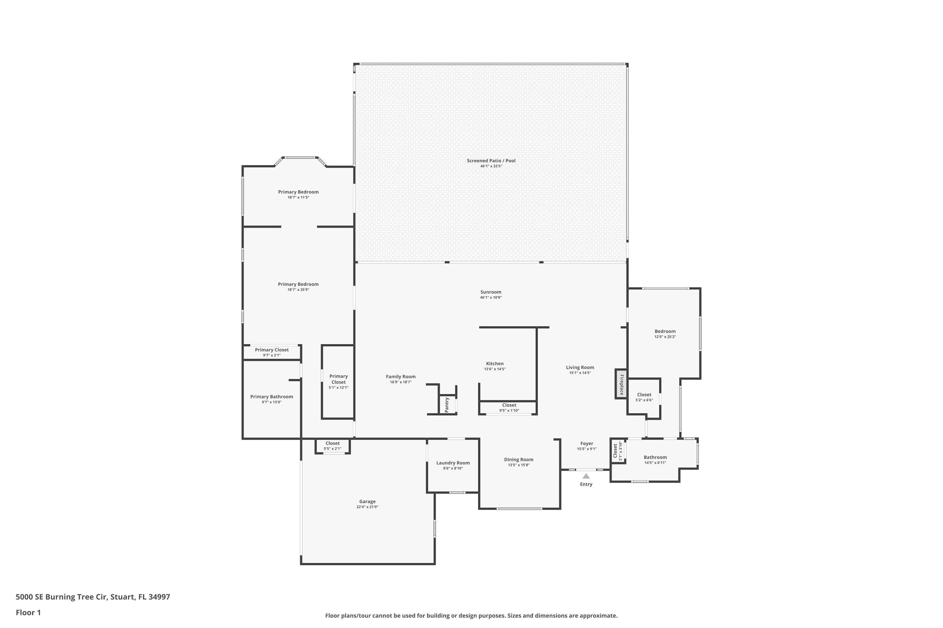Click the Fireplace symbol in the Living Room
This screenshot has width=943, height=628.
click(621, 384)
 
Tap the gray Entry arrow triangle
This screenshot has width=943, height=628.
click(586, 476)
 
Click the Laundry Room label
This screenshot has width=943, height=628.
click(453, 463)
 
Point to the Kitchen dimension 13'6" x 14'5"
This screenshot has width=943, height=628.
click(495, 369)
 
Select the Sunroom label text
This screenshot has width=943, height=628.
click(491, 292)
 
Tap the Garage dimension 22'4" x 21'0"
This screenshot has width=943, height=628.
click(367, 507)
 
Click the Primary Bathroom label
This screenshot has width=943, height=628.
click(272, 397)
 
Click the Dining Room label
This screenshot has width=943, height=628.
click(519, 460)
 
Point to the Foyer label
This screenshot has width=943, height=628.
click(587, 444)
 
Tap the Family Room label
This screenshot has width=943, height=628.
click(400, 377)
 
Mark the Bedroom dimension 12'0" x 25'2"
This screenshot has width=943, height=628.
click(665, 337)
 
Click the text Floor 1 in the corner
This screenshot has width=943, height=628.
click(28, 612)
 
